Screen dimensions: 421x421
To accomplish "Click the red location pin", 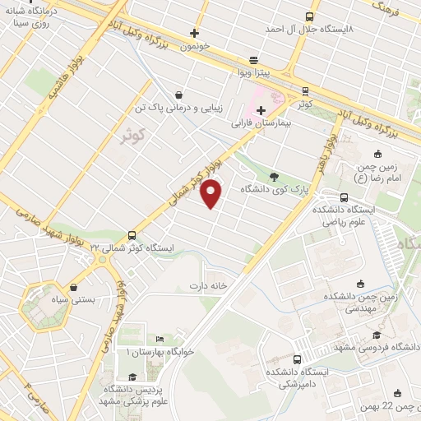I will pos(213,194).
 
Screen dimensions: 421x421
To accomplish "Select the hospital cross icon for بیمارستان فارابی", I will pos(261,111).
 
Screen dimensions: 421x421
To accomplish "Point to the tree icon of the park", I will pos(274,175).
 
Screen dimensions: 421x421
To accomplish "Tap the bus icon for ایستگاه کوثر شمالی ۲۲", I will pos(132,234).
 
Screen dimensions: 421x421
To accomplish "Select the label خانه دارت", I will pos(208,286).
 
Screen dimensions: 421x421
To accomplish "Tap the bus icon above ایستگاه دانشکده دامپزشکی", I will pos(297,359).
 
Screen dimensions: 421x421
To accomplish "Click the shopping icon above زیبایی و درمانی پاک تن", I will pos(179,95).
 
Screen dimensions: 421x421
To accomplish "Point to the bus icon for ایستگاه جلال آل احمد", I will pos(309,16).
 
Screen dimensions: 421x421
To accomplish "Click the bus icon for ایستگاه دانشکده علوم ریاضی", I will pos(343,197).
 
